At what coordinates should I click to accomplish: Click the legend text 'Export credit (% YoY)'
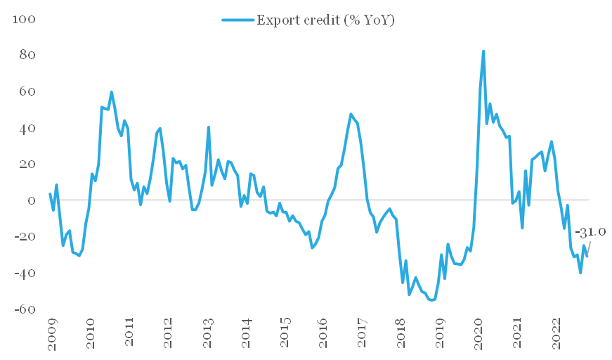coord(325,20)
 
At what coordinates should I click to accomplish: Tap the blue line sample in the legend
coord(238,20)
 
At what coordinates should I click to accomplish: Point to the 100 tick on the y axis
coord(24,19)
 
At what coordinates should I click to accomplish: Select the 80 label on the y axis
coord(27,55)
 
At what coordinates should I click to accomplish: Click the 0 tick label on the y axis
coord(31,200)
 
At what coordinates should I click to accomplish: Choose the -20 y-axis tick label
coord(25,237)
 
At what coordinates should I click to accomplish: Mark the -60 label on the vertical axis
coord(25,309)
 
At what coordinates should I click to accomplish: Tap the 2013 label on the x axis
coord(208,333)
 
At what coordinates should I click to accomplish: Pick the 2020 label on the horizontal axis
coord(478,333)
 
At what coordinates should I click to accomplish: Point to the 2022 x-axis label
coord(556,333)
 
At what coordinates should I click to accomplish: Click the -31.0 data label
coord(590,232)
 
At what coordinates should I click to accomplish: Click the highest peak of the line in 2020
coord(483,51)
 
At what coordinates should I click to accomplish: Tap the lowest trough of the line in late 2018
coord(431,300)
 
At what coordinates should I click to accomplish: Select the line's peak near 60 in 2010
coord(111,92)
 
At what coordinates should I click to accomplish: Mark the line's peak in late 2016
coord(351,114)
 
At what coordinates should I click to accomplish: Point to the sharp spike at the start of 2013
coord(209,127)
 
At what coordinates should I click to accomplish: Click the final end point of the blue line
coord(587,256)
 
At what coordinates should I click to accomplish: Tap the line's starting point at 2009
coord(50,193)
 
